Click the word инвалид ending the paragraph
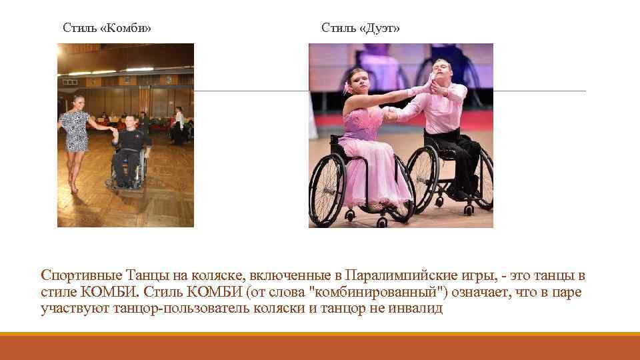419,309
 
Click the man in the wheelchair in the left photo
131,150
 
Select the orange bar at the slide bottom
320,347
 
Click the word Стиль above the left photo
78,28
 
